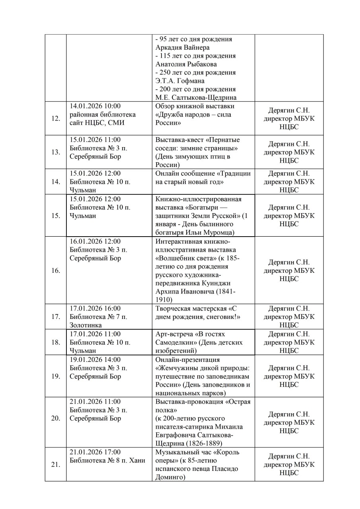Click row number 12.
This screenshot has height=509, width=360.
coord(56,119)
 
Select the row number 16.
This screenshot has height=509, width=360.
coord(56,271)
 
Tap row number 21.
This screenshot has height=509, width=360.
coord(56,464)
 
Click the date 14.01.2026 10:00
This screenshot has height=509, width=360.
coord(95,106)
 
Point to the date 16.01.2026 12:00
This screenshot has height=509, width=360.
coord(95,241)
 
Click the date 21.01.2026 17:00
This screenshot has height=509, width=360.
coord(95,452)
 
